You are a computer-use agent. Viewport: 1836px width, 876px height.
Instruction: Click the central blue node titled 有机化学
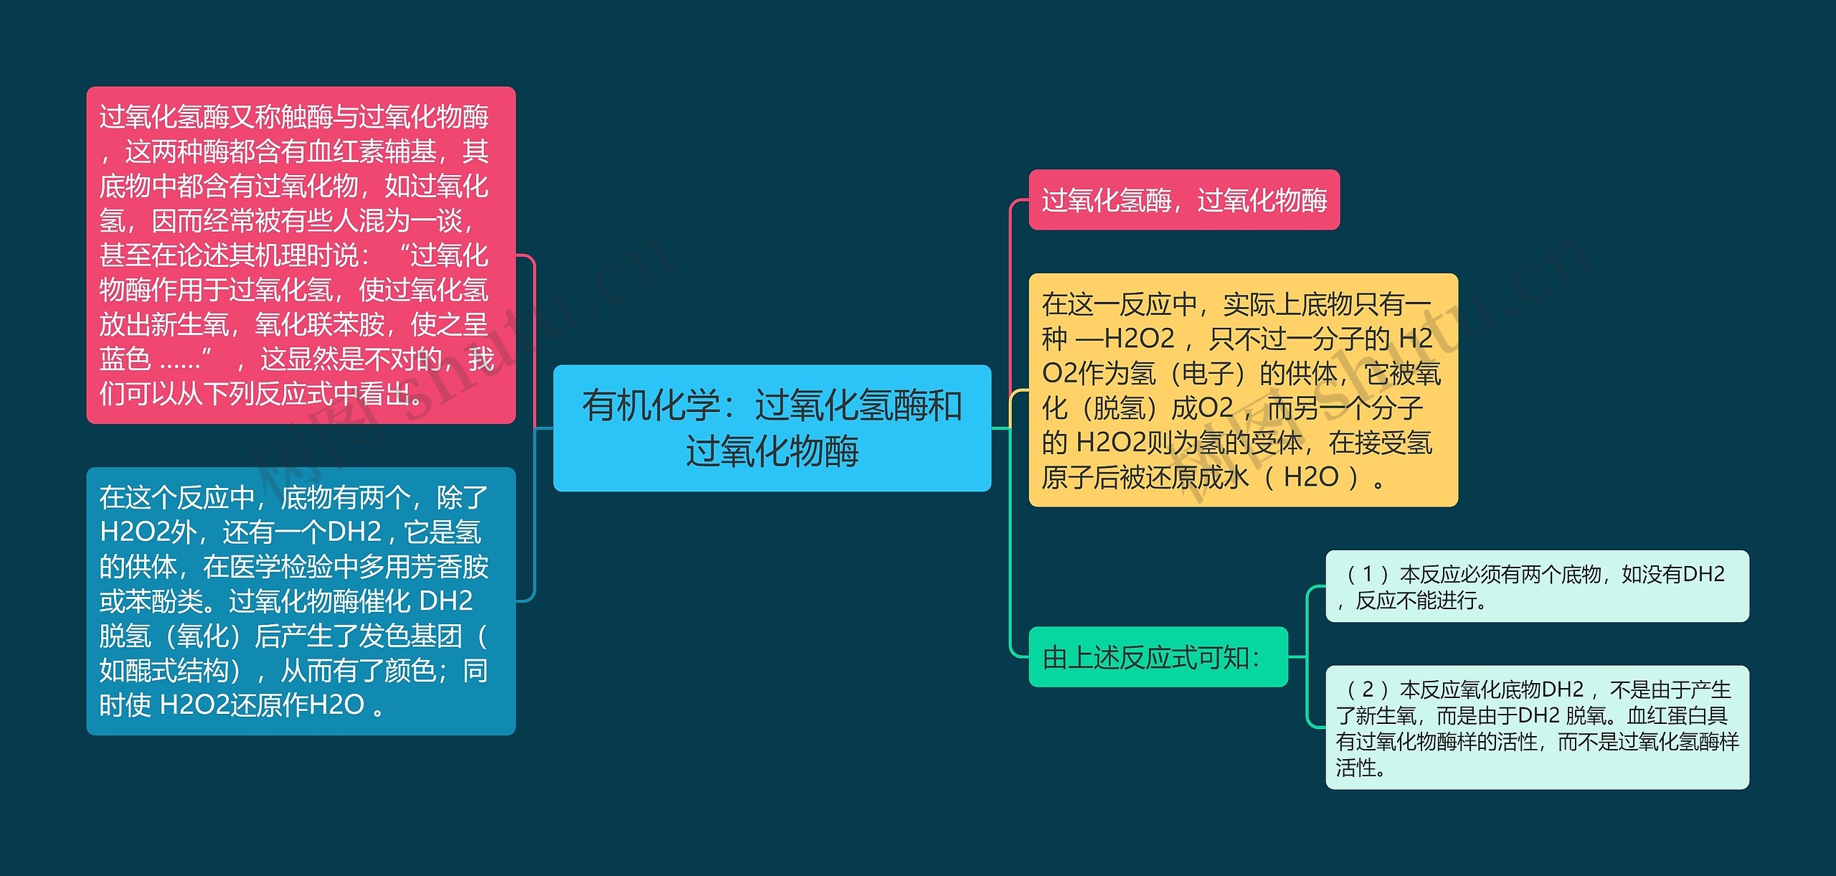point(772,428)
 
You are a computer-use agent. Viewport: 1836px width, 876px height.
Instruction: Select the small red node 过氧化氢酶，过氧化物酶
point(1183,200)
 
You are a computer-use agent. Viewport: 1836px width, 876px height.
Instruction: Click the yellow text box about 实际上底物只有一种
point(1242,390)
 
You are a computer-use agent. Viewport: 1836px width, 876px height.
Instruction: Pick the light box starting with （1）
point(1536,586)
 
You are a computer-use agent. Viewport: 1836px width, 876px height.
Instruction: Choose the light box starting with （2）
point(1536,727)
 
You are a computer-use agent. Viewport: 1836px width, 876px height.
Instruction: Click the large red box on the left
point(301,255)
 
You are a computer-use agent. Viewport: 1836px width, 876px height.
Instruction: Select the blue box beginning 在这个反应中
point(301,601)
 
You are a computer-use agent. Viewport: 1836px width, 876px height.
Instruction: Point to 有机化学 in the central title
point(650,405)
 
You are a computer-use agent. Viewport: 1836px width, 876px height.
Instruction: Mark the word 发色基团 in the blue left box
point(410,636)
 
